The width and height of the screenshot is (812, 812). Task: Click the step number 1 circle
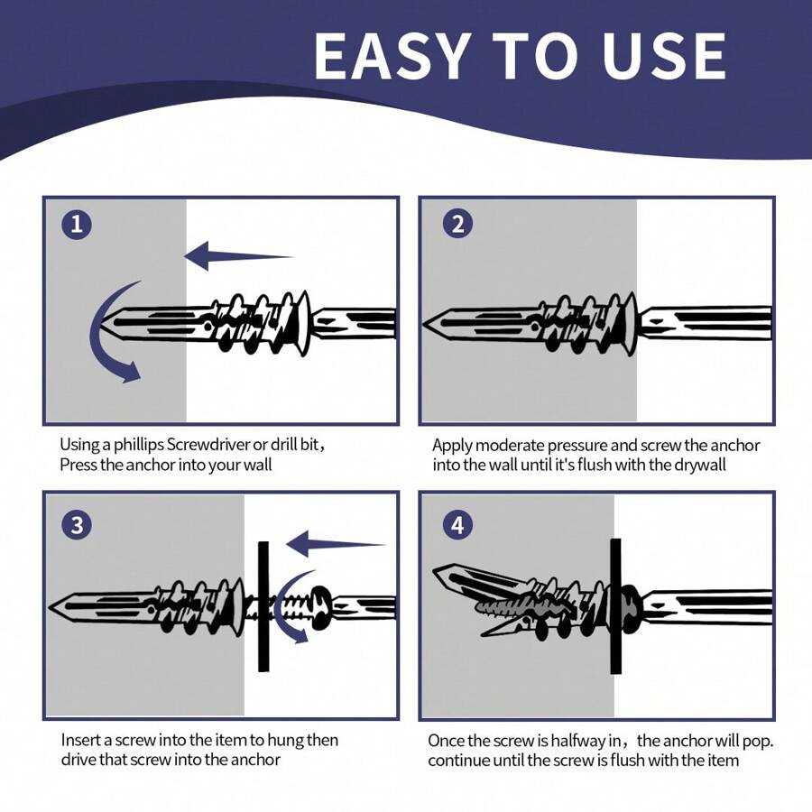coord(76,225)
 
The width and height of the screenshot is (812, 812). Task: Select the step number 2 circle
coord(457,225)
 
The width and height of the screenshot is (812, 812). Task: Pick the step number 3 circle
coord(76,525)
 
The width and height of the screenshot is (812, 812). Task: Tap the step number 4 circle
coord(457,525)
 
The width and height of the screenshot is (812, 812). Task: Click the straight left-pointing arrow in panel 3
coord(334,544)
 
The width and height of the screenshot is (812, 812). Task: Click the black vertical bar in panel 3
coord(263,606)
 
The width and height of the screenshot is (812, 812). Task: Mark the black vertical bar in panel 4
coord(615,606)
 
